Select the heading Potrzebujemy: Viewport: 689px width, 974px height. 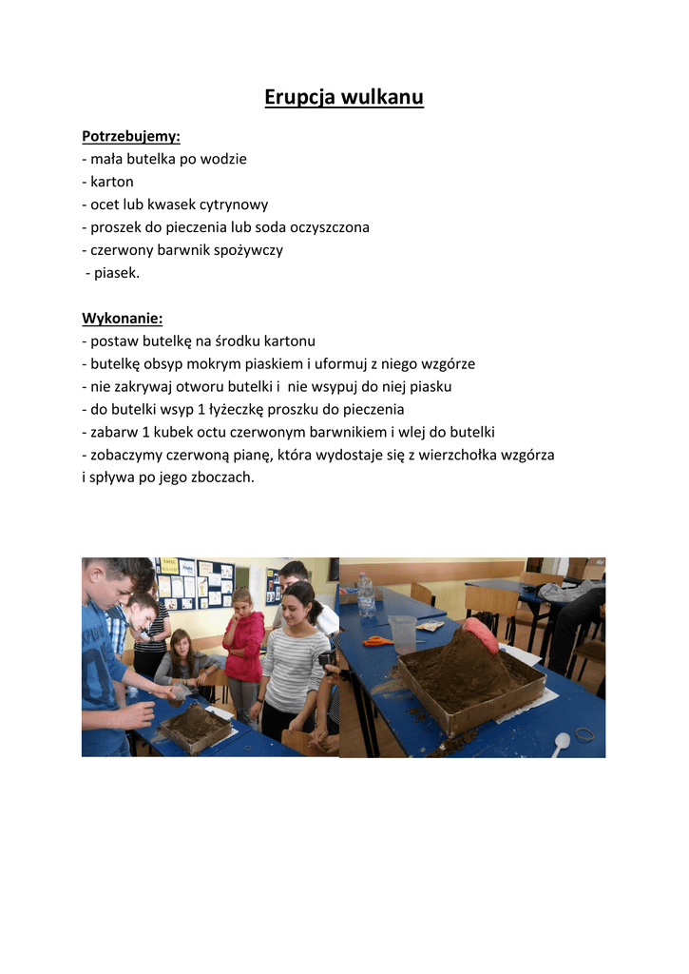[131, 136]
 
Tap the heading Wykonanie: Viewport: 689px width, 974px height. [123, 318]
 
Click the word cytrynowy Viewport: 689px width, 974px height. [234, 205]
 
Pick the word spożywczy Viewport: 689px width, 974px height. [248, 250]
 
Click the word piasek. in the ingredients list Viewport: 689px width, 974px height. [117, 273]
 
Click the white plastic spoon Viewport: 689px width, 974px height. [562, 743]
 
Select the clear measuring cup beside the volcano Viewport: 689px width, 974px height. [403, 633]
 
